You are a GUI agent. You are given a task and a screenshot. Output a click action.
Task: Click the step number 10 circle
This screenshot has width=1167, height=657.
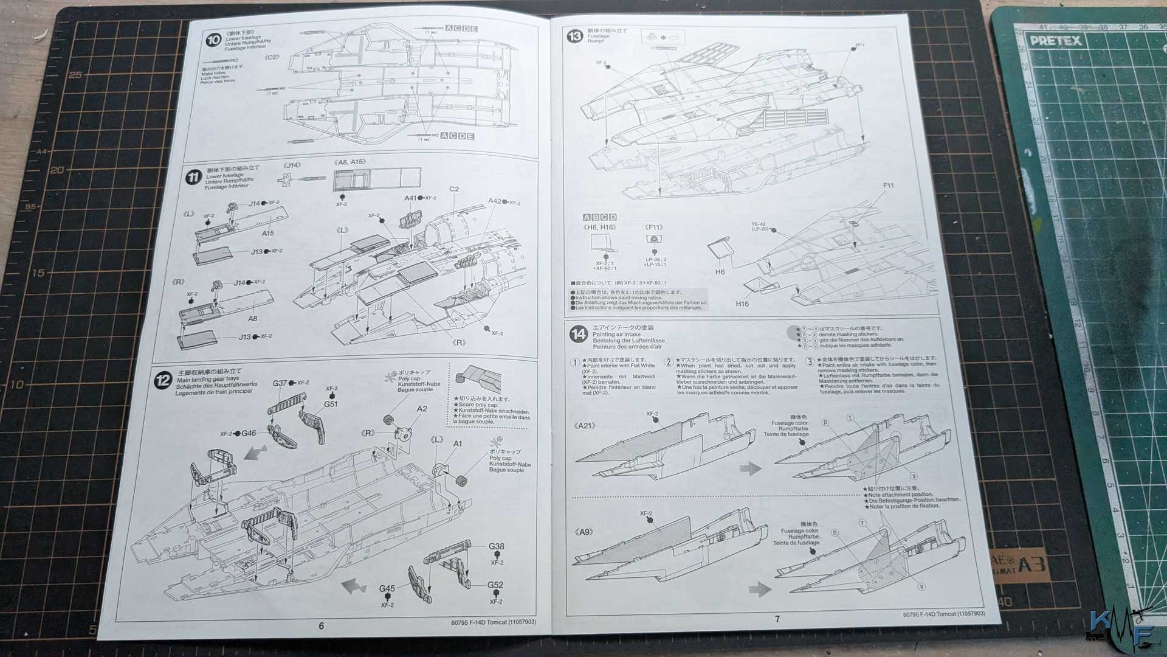pyautogui.click(x=213, y=41)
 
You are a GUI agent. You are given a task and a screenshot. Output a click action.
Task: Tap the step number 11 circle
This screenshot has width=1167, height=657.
pyautogui.click(x=193, y=178)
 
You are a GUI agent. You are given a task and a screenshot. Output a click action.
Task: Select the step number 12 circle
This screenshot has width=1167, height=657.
pyautogui.click(x=163, y=381)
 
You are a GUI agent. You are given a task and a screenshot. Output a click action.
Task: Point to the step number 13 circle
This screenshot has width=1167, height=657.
pyautogui.click(x=574, y=36)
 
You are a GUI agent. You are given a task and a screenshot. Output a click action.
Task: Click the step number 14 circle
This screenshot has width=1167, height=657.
pyautogui.click(x=578, y=334)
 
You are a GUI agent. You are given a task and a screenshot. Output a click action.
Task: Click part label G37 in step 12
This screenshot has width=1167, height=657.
pyautogui.click(x=280, y=383)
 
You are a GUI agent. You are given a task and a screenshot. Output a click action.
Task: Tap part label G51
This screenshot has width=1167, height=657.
pyautogui.click(x=331, y=404)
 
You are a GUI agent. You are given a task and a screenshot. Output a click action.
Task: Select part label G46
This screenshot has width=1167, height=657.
pyautogui.click(x=249, y=433)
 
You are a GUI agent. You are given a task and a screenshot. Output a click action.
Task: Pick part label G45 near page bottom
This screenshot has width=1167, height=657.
pyautogui.click(x=387, y=588)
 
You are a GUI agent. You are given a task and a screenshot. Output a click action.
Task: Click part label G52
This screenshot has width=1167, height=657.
pyautogui.click(x=495, y=585)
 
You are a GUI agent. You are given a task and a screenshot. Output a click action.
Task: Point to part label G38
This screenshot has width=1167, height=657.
pyautogui.click(x=497, y=546)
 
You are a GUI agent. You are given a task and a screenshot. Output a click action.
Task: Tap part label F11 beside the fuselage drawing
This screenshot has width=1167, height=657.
pyautogui.click(x=888, y=186)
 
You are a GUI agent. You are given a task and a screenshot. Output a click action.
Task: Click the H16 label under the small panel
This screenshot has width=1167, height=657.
pyautogui.click(x=742, y=304)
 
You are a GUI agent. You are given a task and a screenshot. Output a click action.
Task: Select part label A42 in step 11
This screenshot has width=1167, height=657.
pyautogui.click(x=495, y=201)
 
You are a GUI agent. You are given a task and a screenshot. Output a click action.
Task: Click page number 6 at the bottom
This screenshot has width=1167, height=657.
pyautogui.click(x=322, y=626)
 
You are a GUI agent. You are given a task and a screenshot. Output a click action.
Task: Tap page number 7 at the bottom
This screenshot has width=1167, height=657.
pyautogui.click(x=777, y=619)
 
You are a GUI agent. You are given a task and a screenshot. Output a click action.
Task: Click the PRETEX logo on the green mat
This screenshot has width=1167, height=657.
pyautogui.click(x=1055, y=41)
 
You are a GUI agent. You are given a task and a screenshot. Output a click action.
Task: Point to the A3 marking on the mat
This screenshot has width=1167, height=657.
pyautogui.click(x=1032, y=564)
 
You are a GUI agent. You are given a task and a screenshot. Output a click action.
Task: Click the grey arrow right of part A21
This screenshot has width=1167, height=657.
pyautogui.click(x=751, y=468)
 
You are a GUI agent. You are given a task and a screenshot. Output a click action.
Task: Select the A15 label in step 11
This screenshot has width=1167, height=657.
pyautogui.click(x=268, y=233)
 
